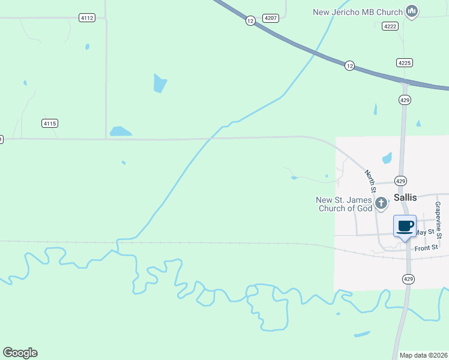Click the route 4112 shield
click(x=87, y=18)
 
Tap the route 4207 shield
click(x=271, y=18)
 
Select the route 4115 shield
click(x=50, y=124)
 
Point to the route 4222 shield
click(x=390, y=25)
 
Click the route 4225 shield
click(x=404, y=62)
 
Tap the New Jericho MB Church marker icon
click(x=412, y=11)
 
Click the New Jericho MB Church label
click(x=358, y=11)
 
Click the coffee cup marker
click(x=405, y=226)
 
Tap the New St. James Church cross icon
click(x=381, y=204)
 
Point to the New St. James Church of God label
click(x=344, y=204)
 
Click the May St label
click(x=425, y=232)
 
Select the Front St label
click(x=427, y=248)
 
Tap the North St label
click(x=370, y=181)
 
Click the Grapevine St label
click(x=438, y=220)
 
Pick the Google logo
click(x=20, y=353)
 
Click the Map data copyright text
click(x=423, y=355)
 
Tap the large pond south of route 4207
click(x=159, y=83)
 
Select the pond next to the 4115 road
click(x=120, y=131)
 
